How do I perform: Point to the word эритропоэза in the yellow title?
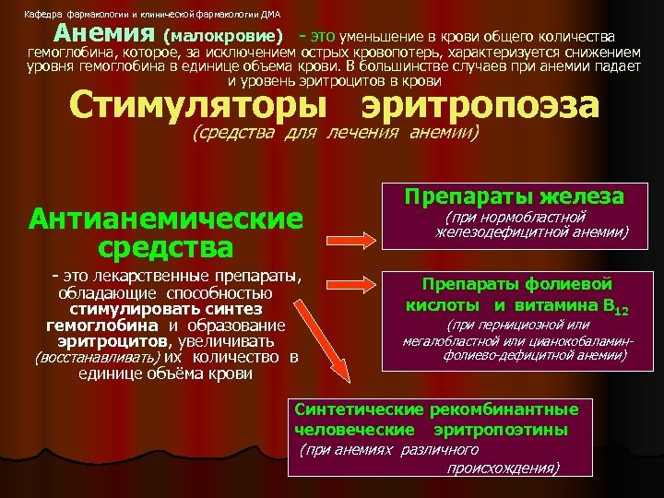click(480, 105)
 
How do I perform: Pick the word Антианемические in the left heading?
click(166, 219)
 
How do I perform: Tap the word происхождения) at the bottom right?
click(504, 468)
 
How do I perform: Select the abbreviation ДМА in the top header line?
click(270, 14)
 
